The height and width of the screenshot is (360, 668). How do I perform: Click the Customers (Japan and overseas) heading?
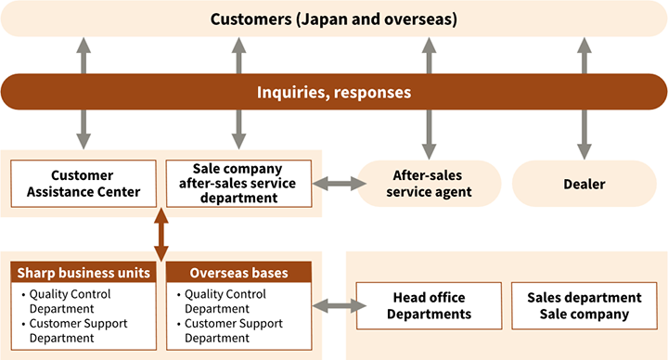333,19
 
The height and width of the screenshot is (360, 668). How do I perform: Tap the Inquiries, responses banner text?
333,93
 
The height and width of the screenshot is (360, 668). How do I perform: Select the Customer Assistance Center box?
83,184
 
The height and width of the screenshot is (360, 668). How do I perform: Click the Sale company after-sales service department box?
238,184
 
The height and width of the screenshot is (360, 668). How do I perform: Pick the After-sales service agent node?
428,184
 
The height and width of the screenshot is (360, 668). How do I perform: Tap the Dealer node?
584,184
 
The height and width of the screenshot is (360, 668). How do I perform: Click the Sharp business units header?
83,274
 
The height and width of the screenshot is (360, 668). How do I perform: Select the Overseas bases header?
238,274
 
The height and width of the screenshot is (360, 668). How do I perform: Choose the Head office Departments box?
428,306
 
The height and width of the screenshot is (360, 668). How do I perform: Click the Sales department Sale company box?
584,306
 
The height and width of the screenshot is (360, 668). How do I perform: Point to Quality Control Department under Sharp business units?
78,302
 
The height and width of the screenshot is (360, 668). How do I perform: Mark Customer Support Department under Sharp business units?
78,330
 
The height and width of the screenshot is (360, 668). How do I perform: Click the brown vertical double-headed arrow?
161,235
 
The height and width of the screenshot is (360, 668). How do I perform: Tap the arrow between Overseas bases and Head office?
335,306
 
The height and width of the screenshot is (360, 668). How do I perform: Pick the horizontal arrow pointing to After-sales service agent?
340,184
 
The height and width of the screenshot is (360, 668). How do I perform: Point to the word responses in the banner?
375,93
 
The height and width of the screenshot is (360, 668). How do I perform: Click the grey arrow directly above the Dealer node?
584,56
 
